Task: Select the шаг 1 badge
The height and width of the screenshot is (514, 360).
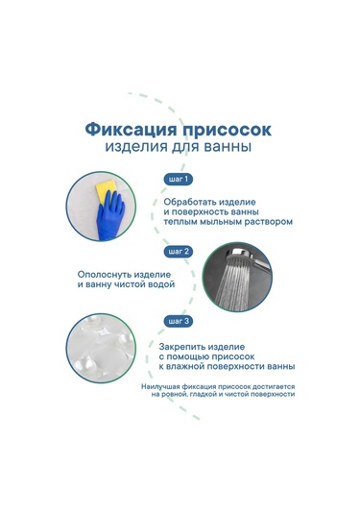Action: coord(179,179)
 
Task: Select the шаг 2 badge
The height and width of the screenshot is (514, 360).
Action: coord(179,251)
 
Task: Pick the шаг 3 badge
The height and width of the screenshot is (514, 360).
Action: coord(179,321)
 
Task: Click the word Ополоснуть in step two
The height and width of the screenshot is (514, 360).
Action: coord(105,273)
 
